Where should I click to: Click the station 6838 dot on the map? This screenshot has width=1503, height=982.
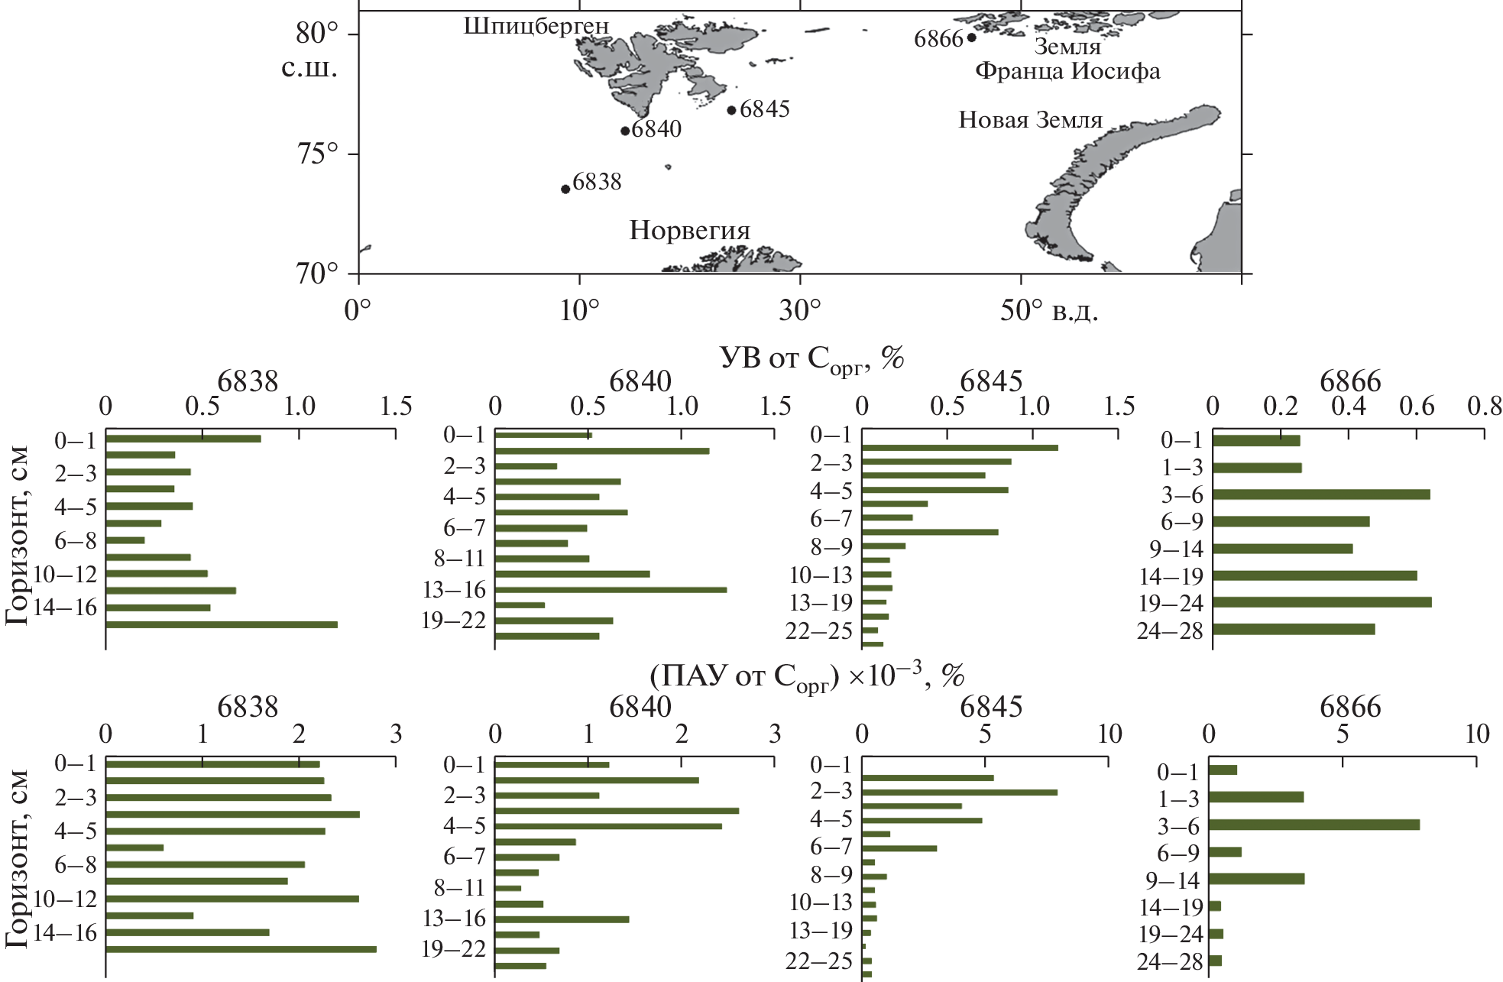pyautogui.click(x=565, y=189)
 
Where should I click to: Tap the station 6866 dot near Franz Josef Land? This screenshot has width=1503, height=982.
pyautogui.click(x=971, y=37)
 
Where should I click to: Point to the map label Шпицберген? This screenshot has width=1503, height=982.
pyautogui.click(x=536, y=26)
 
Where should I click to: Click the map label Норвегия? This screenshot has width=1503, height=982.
pyautogui.click(x=689, y=231)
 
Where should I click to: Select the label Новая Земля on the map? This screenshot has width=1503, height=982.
pyautogui.click(x=1030, y=120)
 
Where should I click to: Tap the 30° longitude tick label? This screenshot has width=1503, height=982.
pyautogui.click(x=800, y=311)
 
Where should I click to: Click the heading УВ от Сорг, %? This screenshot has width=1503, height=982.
pyautogui.click(x=811, y=358)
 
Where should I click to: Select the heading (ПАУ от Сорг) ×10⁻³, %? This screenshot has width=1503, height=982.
pyautogui.click(x=807, y=676)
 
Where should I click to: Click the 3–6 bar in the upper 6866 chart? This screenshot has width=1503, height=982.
pyautogui.click(x=1320, y=494)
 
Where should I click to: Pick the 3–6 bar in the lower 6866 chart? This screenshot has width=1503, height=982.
pyautogui.click(x=1314, y=825)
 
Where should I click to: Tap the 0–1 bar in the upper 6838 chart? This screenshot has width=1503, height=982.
pyautogui.click(x=183, y=439)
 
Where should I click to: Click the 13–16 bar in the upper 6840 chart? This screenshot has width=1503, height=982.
pyautogui.click(x=611, y=590)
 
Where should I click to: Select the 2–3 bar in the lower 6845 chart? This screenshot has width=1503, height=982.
pyautogui.click(x=959, y=792)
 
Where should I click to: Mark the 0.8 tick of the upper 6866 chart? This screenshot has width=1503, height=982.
pyautogui.click(x=1484, y=407)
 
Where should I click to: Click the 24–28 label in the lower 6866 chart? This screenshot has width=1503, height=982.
pyautogui.click(x=1169, y=961)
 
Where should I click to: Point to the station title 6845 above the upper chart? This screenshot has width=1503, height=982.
pyautogui.click(x=990, y=381)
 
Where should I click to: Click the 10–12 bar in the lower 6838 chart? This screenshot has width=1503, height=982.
pyautogui.click(x=232, y=899)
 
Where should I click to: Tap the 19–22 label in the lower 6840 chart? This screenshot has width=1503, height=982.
pyautogui.click(x=453, y=950)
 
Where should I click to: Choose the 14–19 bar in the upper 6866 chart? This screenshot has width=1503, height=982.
pyautogui.click(x=1314, y=575)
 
